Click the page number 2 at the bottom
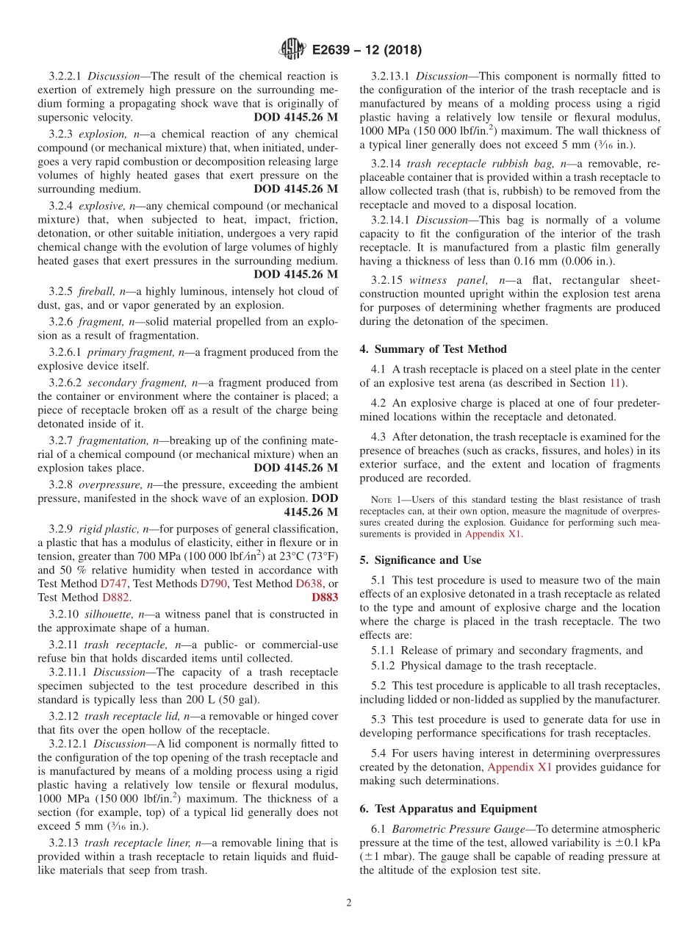click(x=349, y=903)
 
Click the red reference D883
click(x=325, y=598)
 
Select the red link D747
click(x=114, y=584)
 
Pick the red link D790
click(x=213, y=584)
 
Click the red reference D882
click(x=115, y=598)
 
